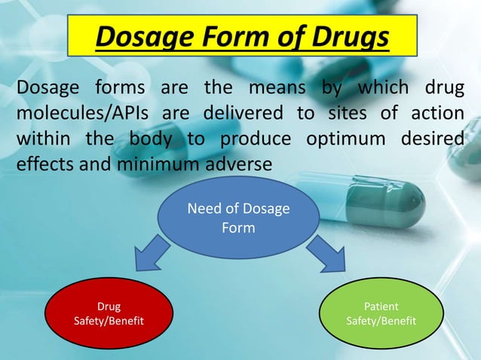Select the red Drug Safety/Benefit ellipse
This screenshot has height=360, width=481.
click(x=109, y=314)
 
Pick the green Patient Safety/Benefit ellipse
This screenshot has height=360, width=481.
click(x=381, y=314)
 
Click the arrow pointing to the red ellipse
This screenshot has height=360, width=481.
click(x=155, y=252)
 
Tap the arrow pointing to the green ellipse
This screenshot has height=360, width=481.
click(x=325, y=252)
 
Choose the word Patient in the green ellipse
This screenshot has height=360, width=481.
click(x=381, y=307)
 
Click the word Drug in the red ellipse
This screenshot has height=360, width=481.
click(x=109, y=307)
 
